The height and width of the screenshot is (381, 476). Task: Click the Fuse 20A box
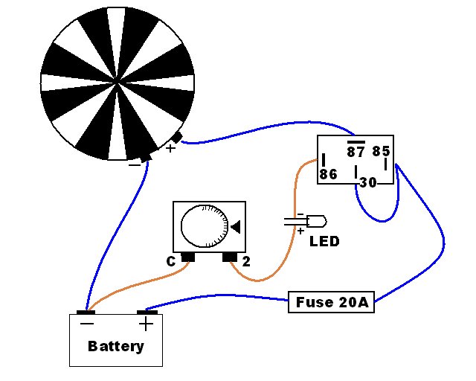331,302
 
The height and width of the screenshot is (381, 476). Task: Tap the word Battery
116,346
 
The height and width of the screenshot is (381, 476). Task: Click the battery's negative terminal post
86,313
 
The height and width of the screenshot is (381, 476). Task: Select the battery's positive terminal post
147,313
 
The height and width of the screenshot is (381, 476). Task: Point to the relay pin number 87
356,152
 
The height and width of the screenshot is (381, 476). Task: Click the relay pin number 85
381,151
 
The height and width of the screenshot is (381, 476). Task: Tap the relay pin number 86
328,174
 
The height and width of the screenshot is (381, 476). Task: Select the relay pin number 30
368,182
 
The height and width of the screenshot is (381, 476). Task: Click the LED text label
324,242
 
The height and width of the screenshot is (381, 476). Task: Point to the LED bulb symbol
316,222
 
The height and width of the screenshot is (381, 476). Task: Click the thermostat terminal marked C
188,257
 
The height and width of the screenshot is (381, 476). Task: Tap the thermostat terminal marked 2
230,257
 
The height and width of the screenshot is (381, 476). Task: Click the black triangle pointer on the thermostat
236,227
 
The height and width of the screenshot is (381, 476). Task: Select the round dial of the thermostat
205,226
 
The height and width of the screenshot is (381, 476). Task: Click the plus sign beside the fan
170,148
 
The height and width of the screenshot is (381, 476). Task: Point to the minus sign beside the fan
135,165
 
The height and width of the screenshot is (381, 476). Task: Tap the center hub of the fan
118,83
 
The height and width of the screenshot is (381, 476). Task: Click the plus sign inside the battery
146,324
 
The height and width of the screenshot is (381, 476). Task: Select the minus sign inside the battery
87,323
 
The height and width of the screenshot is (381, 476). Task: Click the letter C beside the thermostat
171,262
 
